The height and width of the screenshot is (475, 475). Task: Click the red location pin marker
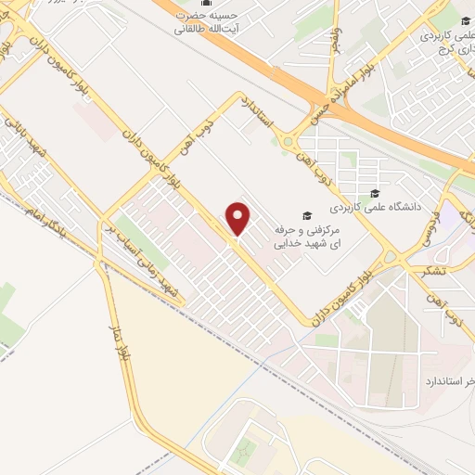(x=239, y=219)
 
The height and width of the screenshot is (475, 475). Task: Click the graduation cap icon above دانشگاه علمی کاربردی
(x=373, y=194)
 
